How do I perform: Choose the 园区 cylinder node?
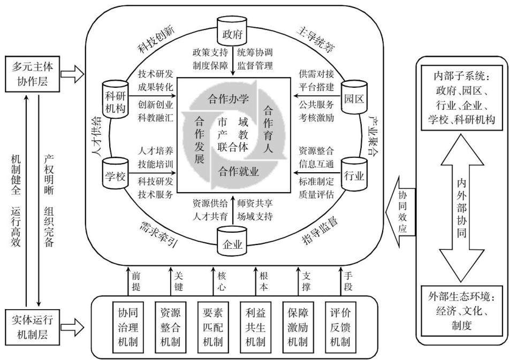(x=353, y=97)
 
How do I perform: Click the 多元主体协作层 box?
(x=32, y=74)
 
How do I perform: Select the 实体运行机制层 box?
(x=32, y=327)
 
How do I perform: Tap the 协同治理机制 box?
(x=128, y=327)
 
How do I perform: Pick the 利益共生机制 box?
(x=255, y=327)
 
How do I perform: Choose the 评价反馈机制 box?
(x=340, y=327)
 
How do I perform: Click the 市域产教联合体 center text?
(x=232, y=134)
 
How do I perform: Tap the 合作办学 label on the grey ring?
(x=229, y=98)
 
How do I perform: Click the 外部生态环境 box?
(x=461, y=311)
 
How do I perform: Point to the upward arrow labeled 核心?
(x=213, y=281)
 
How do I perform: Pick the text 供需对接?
(x=316, y=74)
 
